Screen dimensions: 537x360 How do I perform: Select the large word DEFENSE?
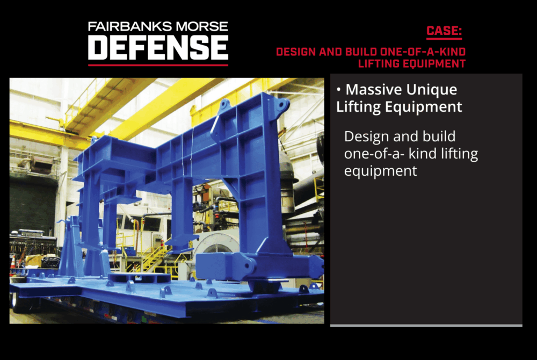pyautogui.click(x=158, y=48)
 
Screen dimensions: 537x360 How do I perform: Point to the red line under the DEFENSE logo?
pyautogui.click(x=158, y=65)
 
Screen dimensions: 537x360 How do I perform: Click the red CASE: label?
pyautogui.click(x=444, y=31)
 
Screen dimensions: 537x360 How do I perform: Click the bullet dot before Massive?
pyautogui.click(x=339, y=90)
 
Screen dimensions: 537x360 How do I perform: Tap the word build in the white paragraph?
pyautogui.click(x=439, y=136)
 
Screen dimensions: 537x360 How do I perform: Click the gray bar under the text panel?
pyautogui.click(x=426, y=326)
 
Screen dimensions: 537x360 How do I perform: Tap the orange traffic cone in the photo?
pyautogui.click(x=13, y=263)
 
